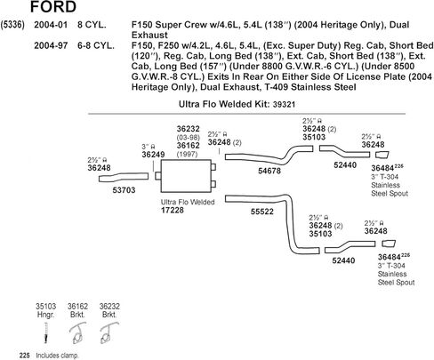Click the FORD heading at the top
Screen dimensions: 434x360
point(53,6)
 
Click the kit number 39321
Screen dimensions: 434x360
point(284,104)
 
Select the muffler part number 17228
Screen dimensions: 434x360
point(173,211)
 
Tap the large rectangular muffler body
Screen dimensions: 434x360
point(186,176)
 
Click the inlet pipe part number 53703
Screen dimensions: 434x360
point(124,190)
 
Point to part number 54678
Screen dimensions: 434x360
point(269,171)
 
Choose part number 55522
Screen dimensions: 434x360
point(262,212)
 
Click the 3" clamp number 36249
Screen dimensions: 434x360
point(153,155)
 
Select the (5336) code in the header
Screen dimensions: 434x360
point(12,25)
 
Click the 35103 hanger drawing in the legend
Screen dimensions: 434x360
point(45,332)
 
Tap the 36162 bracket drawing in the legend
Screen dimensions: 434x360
point(77,333)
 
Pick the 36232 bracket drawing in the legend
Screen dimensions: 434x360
point(109,333)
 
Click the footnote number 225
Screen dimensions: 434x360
point(25,356)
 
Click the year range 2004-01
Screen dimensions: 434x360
point(51,25)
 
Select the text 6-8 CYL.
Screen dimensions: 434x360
point(96,45)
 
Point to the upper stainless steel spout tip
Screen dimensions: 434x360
point(382,155)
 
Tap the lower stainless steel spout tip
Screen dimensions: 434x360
point(389,244)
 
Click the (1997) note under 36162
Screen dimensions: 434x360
point(187,154)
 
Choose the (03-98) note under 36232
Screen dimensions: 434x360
point(189,138)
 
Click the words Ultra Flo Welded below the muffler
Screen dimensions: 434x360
point(188,202)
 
